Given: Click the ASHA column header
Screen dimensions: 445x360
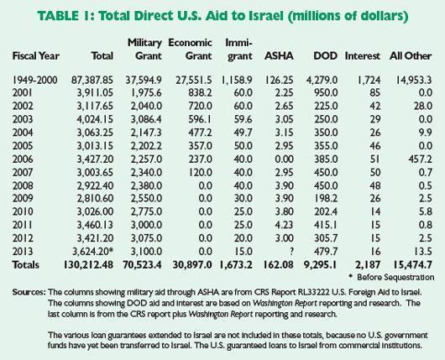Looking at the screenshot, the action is tap(279, 56).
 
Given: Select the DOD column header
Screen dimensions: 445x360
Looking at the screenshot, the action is tap(325, 56).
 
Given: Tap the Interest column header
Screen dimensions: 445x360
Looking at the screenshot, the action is tap(363, 56).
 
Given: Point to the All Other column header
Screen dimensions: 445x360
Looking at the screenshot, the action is tap(411, 56).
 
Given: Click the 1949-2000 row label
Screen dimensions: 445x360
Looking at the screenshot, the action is tap(35, 80).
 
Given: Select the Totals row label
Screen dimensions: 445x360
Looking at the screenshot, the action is tap(26, 264).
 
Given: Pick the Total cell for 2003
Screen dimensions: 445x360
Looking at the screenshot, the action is tap(95, 119).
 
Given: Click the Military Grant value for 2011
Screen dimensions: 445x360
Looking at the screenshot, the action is tap(146, 225).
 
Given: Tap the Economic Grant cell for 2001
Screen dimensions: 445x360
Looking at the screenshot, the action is tap(200, 93).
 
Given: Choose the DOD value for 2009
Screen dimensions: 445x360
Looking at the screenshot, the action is tap(326, 198).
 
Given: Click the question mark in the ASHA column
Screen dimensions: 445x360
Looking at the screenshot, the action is tap(291, 252).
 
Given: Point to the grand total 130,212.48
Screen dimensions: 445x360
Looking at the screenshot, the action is tap(88, 264).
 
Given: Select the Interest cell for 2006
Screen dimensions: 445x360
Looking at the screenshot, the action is tap(374, 159).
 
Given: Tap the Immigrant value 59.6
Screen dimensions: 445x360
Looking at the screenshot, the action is tap(243, 119).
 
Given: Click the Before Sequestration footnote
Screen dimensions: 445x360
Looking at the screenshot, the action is tap(391, 277).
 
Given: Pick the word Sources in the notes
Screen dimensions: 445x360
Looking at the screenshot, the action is tap(29, 292).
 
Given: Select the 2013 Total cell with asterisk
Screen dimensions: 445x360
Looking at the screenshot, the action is tap(95, 252).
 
